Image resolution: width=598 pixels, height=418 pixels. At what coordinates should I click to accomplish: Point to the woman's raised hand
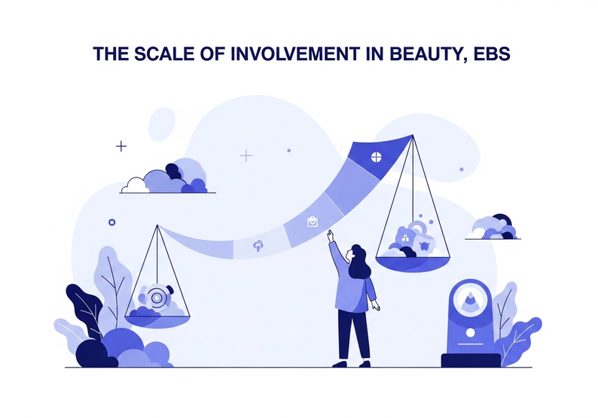tap(330, 235)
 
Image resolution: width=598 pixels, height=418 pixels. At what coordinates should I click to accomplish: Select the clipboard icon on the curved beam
tap(312, 221)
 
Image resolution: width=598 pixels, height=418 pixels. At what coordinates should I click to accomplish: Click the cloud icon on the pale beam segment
tap(258, 245)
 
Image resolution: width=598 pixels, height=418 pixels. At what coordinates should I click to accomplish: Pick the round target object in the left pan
tap(157, 297)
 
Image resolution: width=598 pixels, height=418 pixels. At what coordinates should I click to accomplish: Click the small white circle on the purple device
tap(470, 332)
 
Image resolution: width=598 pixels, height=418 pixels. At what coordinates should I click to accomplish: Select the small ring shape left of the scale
tap(112, 222)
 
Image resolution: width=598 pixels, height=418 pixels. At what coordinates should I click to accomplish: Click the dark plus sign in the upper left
tap(121, 146)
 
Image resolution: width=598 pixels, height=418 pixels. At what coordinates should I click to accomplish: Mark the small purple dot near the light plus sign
tap(288, 150)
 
